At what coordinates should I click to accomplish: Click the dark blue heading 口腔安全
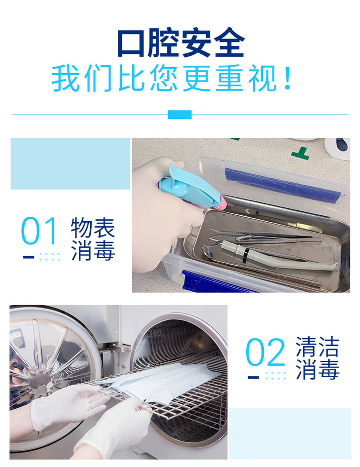(x=181, y=42)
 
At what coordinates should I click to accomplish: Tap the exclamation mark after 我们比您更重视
(x=287, y=78)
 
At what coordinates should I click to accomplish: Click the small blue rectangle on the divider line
(x=180, y=115)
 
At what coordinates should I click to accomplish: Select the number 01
(x=38, y=231)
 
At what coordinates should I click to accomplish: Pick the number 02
(x=265, y=352)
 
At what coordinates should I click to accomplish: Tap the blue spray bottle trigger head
(x=190, y=187)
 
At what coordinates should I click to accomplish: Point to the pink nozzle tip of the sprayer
(x=222, y=202)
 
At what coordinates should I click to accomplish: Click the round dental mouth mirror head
(x=208, y=252)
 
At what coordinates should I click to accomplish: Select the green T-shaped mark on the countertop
(x=300, y=153)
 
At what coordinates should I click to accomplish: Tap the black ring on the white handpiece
(x=244, y=255)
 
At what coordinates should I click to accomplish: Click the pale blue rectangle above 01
(x=70, y=163)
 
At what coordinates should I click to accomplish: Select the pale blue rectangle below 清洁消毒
(x=289, y=433)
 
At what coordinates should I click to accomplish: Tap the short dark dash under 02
(x=253, y=377)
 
